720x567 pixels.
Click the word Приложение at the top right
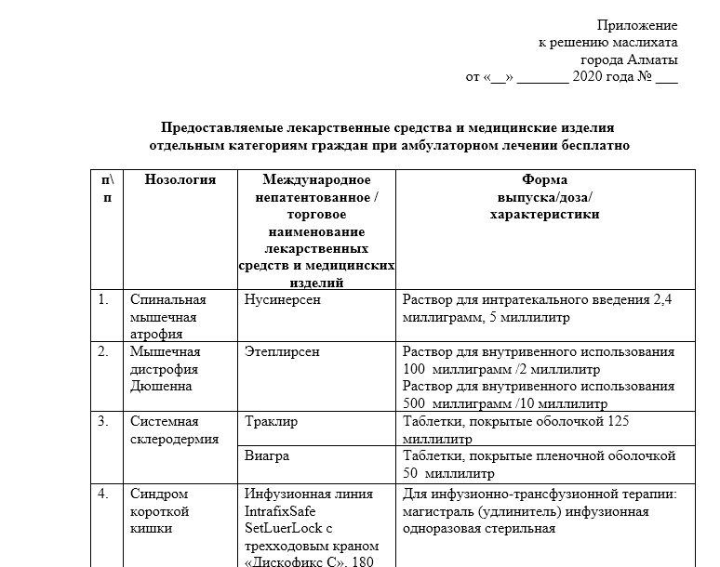(637, 25)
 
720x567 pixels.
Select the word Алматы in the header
(655, 59)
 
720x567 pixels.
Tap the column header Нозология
(180, 179)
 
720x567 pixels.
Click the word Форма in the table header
(545, 179)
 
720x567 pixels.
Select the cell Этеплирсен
(281, 352)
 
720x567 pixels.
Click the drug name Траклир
(271, 421)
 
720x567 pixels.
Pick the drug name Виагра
(267, 456)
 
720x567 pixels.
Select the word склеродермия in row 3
(174, 439)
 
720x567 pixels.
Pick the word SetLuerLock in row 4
(283, 530)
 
